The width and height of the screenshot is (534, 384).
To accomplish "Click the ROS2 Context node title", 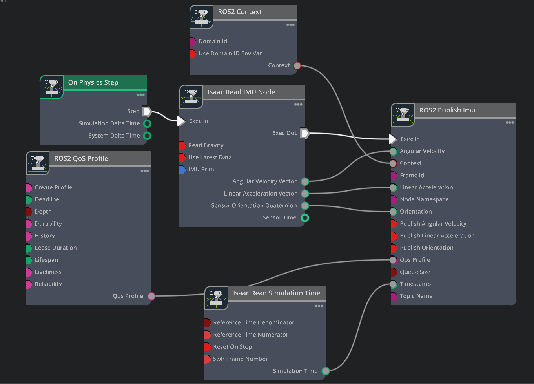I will tap(239, 12).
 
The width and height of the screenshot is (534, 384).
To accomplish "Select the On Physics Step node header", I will tap(93, 82).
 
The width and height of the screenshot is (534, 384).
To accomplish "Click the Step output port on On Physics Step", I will tap(147, 111).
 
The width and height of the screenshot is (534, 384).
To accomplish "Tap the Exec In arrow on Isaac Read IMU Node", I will tap(181, 121).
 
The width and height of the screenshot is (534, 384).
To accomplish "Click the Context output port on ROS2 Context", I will tap(297, 65).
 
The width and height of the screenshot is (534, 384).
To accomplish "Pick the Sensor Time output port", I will tap(305, 217).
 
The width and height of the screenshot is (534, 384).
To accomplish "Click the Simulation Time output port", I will tap(326, 371).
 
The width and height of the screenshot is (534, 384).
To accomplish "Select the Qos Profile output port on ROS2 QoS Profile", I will tap(151, 296).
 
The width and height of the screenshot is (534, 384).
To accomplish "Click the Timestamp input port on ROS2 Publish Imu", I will tap(393, 284).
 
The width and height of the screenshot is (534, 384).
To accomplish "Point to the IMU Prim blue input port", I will tap(182, 169).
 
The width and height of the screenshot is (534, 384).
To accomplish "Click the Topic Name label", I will tap(416, 296).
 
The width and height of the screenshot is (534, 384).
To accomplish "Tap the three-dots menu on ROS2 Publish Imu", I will tap(509, 123).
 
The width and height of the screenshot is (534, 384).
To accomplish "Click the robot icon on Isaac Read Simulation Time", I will tap(216, 298).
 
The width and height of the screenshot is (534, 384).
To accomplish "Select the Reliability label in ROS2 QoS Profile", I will tap(48, 284).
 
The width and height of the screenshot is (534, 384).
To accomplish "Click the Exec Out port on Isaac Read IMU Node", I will tap(305, 133).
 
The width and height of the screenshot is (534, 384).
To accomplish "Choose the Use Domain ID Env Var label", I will tap(230, 53).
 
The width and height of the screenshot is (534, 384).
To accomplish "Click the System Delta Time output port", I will tap(147, 136).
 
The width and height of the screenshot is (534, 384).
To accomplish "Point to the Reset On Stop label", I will tap(232, 347).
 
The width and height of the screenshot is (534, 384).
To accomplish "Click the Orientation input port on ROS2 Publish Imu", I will tap(393, 212).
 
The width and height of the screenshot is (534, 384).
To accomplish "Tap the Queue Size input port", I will tap(394, 272).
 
